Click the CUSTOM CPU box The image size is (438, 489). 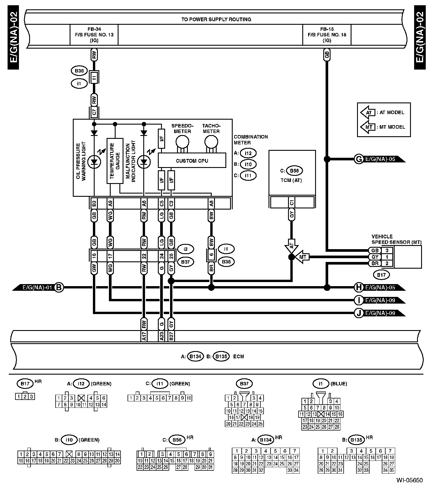click(192, 160)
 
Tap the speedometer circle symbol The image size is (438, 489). click(182, 142)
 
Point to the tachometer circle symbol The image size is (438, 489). click(211, 142)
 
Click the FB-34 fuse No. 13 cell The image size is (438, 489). click(94, 35)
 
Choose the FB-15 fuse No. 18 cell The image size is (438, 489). click(327, 35)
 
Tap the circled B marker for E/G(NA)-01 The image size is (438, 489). click(59, 288)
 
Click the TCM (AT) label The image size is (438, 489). click(292, 180)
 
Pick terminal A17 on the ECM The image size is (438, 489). click(144, 336)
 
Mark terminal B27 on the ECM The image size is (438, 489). click(171, 336)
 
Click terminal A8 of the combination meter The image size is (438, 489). click(211, 203)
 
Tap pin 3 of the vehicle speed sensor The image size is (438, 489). click(387, 250)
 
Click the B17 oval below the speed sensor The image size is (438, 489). click(381, 274)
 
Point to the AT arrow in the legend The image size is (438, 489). click(368, 112)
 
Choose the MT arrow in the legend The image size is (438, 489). click(368, 127)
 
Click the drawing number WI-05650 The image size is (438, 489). click(409, 480)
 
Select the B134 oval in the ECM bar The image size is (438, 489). click(195, 356)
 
